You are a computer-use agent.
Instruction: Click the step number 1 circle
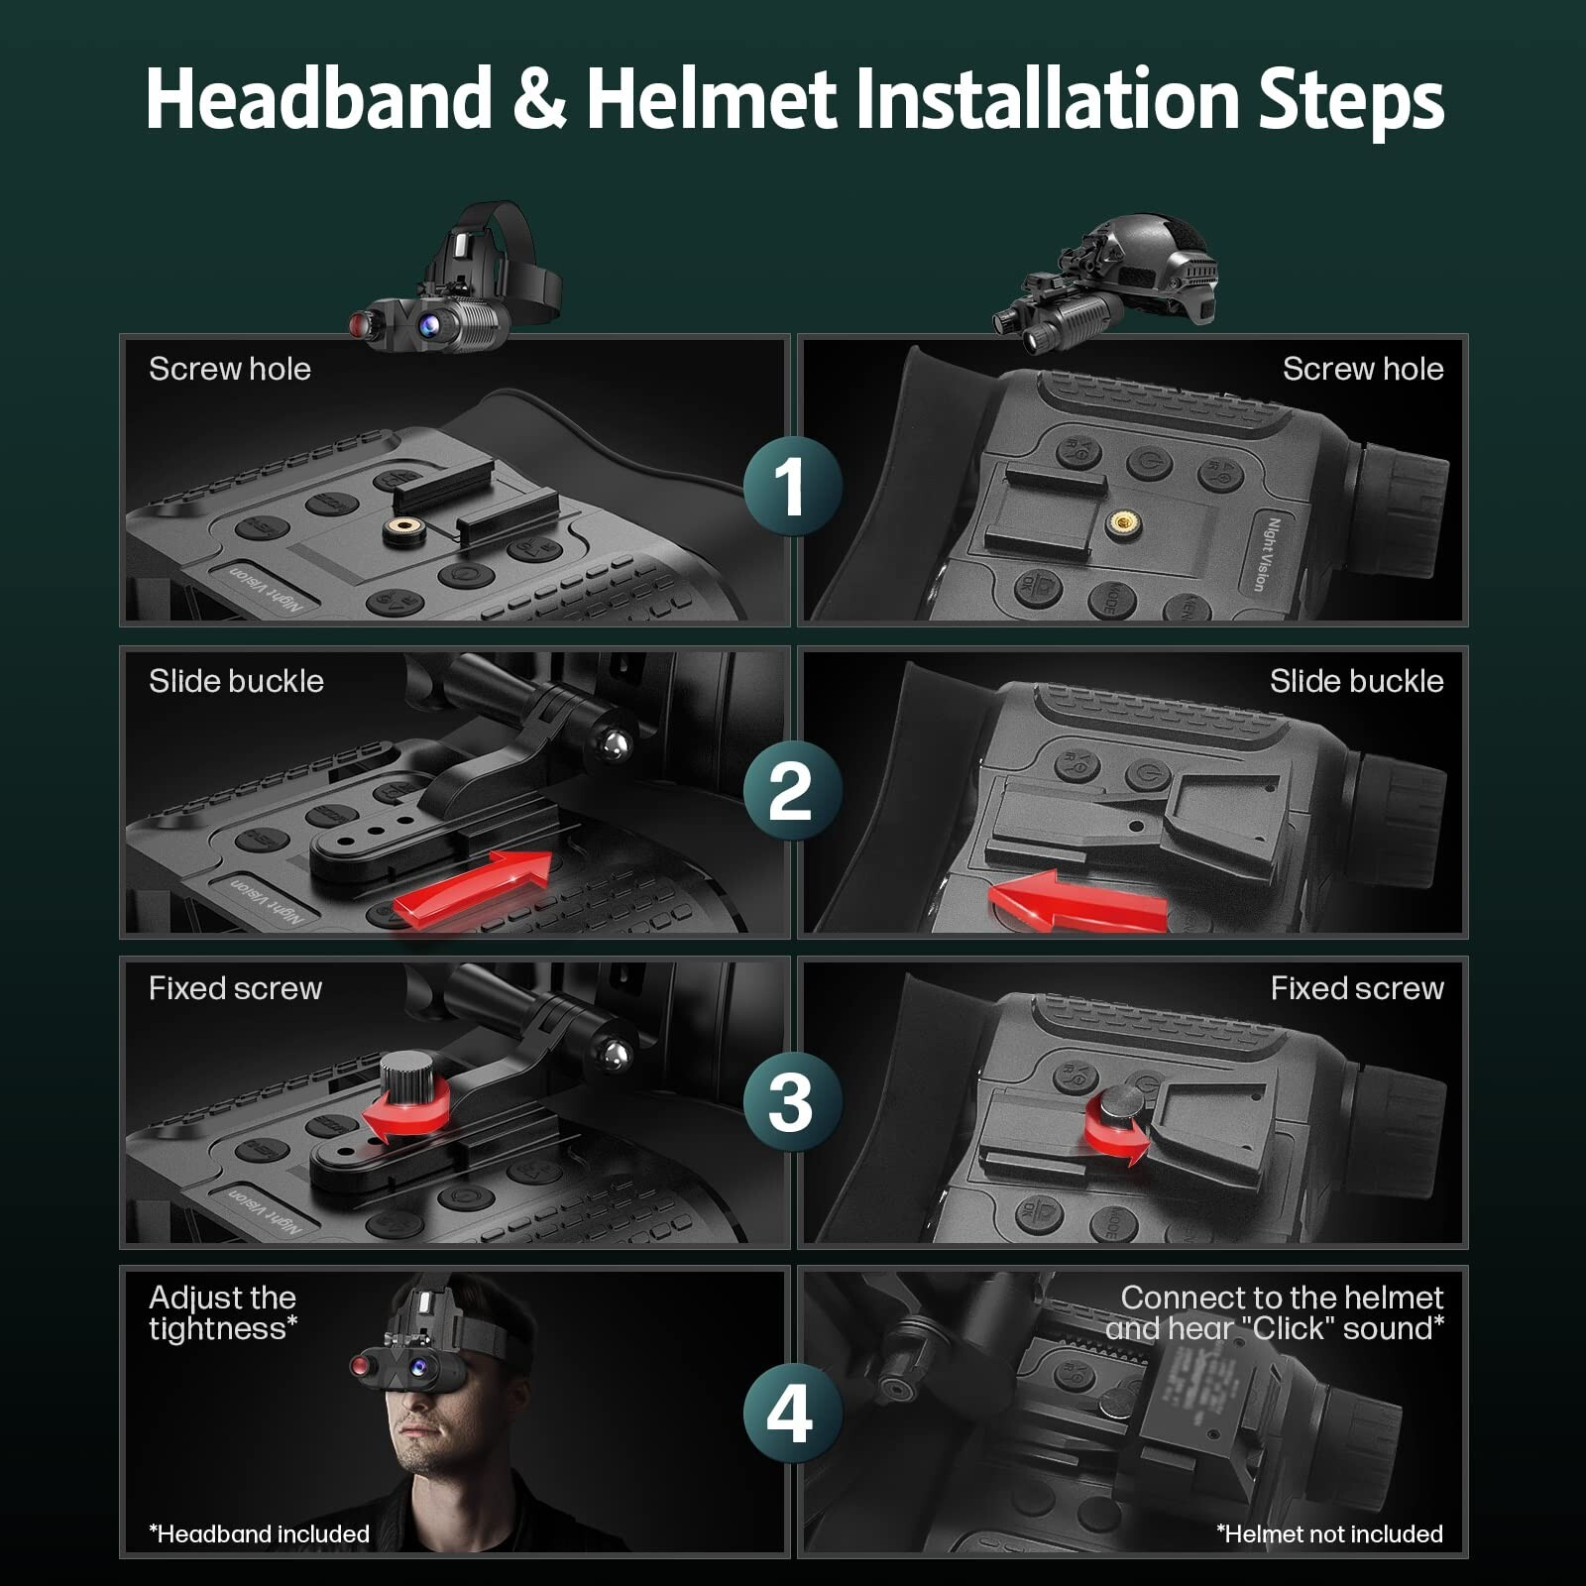(x=792, y=487)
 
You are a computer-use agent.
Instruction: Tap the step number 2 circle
(x=792, y=791)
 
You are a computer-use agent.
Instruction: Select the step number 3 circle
(x=792, y=1101)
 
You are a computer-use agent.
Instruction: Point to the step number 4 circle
(x=792, y=1413)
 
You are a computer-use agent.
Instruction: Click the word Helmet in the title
(x=711, y=99)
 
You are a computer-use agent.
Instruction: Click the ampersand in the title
(x=539, y=99)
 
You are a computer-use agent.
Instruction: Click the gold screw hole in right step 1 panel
(x=1123, y=521)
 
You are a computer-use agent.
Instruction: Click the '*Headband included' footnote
(x=260, y=1533)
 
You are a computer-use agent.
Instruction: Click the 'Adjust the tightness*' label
(x=223, y=1312)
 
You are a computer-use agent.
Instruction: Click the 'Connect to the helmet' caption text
(x=1281, y=1298)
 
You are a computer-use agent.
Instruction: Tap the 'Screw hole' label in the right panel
(x=1362, y=369)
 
